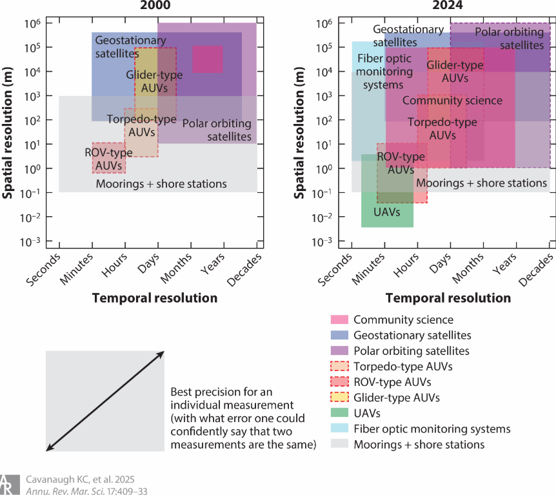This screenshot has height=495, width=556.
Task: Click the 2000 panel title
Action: pos(158,6)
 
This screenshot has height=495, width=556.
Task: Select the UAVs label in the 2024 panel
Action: pos(387,212)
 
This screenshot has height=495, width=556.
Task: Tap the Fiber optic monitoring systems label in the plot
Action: pos(381,72)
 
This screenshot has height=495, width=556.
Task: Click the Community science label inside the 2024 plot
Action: pos(452,101)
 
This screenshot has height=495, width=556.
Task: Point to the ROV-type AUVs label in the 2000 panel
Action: pos(108,159)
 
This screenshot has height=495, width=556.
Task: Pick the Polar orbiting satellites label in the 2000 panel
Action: pos(216,130)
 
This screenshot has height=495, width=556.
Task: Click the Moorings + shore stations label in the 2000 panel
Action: pos(161,184)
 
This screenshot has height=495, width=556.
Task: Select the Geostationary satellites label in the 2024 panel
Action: pos(408,35)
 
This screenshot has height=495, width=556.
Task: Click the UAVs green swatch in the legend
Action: pos(339,413)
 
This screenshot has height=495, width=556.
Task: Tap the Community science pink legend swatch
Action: pos(339,320)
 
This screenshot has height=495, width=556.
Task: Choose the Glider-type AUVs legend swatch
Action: pos(339,398)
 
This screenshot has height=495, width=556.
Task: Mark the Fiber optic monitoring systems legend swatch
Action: pos(339,429)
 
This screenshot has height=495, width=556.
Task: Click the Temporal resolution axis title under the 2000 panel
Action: pos(155,298)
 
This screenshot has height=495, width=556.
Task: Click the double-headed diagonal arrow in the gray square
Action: pos(105,401)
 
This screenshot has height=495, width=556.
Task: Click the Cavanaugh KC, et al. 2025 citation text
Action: pos(79,480)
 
